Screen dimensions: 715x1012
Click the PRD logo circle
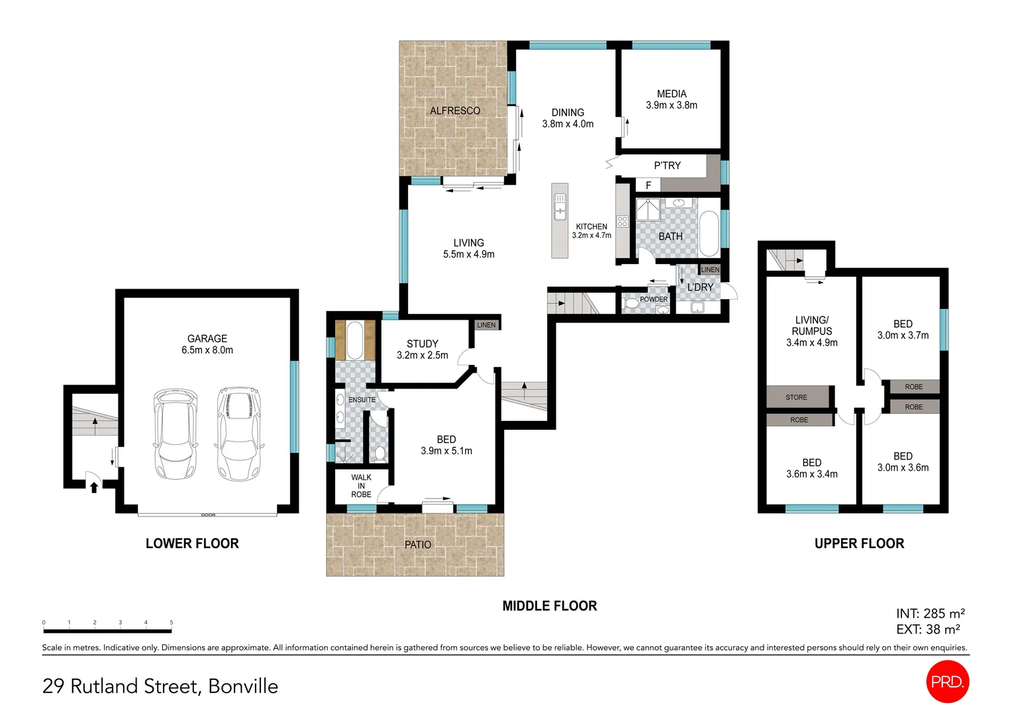pyautogui.click(x=947, y=681)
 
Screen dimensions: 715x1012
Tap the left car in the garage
pyautogui.click(x=175, y=434)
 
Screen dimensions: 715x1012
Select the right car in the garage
pyautogui.click(x=239, y=434)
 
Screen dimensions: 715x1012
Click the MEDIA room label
pyautogui.click(x=672, y=94)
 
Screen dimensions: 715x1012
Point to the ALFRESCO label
pyautogui.click(x=455, y=111)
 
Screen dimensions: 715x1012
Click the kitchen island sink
pyautogui.click(x=560, y=206)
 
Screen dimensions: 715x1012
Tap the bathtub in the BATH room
pyautogui.click(x=709, y=234)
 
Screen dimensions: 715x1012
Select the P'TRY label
pyautogui.click(x=667, y=166)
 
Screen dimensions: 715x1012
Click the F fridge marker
pyautogui.click(x=648, y=185)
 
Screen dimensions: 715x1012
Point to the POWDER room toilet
pyautogui.click(x=631, y=303)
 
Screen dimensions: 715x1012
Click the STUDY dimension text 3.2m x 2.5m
pyautogui.click(x=423, y=356)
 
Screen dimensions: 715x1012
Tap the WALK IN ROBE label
pyautogui.click(x=361, y=486)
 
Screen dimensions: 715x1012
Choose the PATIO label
pyautogui.click(x=418, y=544)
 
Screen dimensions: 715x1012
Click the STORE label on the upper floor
pyautogui.click(x=796, y=397)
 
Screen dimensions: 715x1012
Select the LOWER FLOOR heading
pyautogui.click(x=192, y=544)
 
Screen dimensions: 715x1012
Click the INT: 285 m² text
pyautogui.click(x=930, y=614)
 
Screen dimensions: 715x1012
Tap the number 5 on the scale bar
pyautogui.click(x=171, y=622)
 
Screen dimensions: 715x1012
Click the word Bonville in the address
pyautogui.click(x=243, y=687)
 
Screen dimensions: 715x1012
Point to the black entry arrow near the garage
pyautogui.click(x=94, y=487)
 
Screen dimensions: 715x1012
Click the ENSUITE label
pyautogui.click(x=362, y=400)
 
